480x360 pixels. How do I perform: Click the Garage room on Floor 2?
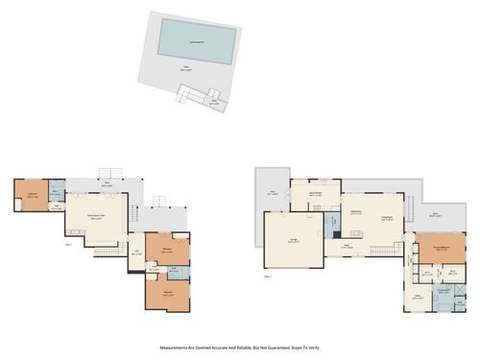(293, 241)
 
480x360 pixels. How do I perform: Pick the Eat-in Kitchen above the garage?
(315, 194)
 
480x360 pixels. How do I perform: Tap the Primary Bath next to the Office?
(444, 292)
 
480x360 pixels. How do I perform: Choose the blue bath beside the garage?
(333, 225)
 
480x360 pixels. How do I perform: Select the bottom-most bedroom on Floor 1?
(168, 293)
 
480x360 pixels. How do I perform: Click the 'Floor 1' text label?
(68, 246)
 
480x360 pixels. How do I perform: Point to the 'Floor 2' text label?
(268, 276)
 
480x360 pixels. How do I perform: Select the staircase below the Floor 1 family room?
(109, 252)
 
